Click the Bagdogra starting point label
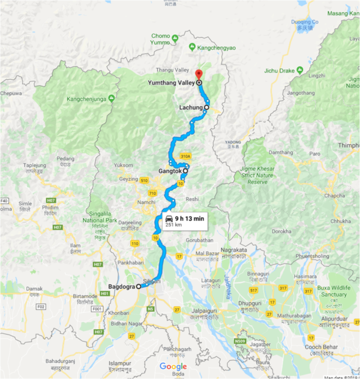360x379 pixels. [x=122, y=287]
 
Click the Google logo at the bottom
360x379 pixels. [x=173, y=366]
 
